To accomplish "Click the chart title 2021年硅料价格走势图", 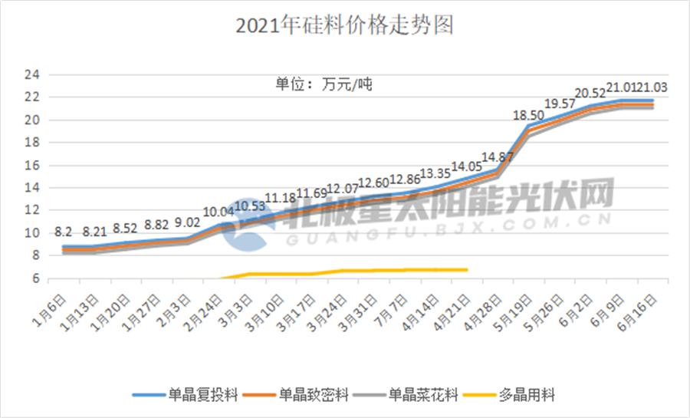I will pos(345,26).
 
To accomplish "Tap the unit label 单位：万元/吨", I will pos(324,84).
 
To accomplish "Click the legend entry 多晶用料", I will pos(522,396).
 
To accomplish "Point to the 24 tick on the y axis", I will pos(32,74).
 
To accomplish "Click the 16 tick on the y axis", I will pos(32,165).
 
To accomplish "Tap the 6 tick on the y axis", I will pos(35,278).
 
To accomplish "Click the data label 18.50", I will pos(529,115).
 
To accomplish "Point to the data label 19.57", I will pos(560,104).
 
